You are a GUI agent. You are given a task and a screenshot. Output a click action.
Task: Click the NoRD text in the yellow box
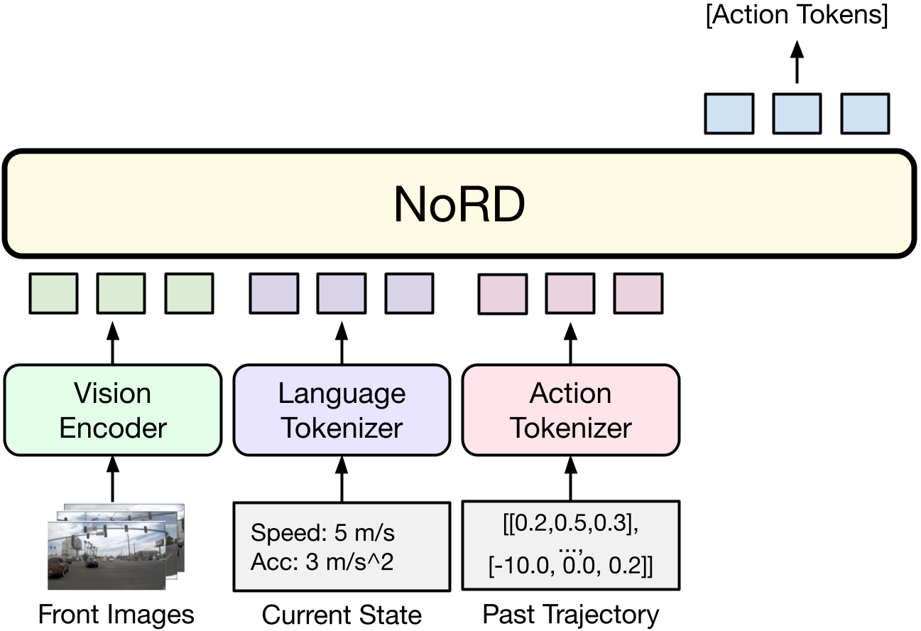459,205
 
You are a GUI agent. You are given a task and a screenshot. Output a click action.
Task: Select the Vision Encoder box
113,410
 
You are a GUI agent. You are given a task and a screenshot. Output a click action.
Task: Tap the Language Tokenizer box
342,410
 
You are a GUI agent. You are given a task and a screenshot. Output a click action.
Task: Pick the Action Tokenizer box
571,410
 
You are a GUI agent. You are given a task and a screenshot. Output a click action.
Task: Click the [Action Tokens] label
796,16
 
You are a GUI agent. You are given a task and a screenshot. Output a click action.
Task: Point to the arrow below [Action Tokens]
796,62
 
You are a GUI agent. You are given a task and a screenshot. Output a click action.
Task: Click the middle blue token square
796,114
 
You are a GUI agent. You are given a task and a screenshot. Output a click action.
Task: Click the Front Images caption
116,615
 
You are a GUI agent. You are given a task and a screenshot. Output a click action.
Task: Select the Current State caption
342,615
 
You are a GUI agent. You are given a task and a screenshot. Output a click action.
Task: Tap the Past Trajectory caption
571,615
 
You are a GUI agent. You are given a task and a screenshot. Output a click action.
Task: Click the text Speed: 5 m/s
323,533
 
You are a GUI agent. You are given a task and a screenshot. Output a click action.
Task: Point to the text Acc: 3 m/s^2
322,563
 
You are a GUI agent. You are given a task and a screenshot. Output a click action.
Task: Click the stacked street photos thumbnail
114,546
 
